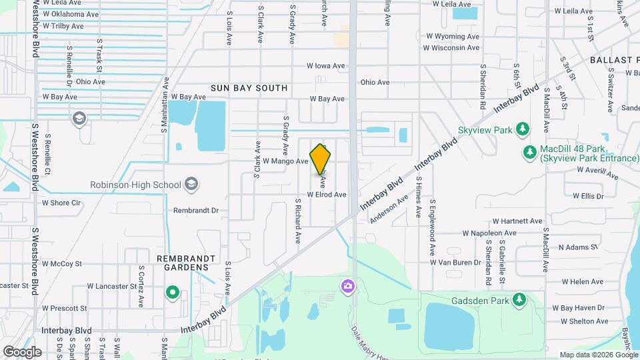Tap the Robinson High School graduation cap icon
point(191,184)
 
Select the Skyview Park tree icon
point(524,129)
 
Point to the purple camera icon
point(347,287)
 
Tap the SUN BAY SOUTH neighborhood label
point(249,88)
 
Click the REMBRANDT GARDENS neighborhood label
point(182,262)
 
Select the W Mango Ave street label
point(285,161)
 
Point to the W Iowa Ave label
point(325,66)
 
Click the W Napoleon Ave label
point(490,233)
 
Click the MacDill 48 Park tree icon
point(530,152)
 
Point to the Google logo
point(22,352)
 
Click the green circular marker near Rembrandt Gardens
point(173,292)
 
